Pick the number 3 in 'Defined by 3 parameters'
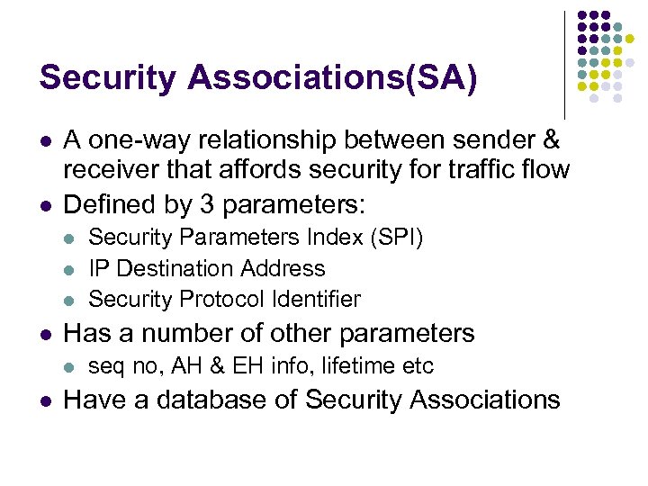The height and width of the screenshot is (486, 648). [x=207, y=204]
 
